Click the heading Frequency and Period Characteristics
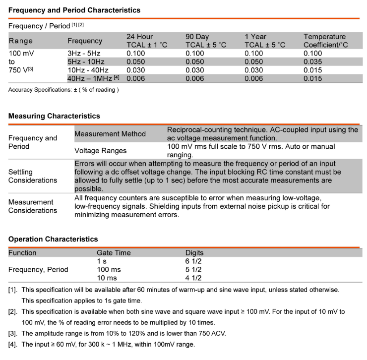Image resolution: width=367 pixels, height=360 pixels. tap(74, 10)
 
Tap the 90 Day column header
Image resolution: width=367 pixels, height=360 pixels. tap(206, 41)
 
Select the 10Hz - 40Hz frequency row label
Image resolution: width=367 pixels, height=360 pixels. tap(88, 70)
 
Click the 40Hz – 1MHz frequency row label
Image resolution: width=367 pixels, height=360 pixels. tap(93, 79)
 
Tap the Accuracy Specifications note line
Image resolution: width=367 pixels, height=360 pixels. tap(63, 90)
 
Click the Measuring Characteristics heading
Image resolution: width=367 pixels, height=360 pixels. tap(54, 116)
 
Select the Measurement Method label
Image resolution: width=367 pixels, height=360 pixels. tap(110, 134)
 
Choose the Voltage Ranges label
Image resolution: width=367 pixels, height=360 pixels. tap(100, 151)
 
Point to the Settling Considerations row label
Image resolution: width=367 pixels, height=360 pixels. tap(33, 176)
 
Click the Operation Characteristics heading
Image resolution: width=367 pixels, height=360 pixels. tap(53, 239)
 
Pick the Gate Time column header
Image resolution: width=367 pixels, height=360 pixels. tap(114, 253)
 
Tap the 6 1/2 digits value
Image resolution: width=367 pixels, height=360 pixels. tap(193, 261)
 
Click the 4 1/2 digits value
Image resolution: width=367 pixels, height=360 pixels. tap(193, 278)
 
